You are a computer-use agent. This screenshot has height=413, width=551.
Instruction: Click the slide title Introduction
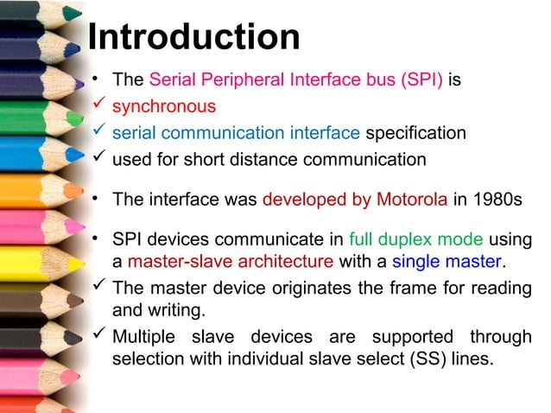[x=193, y=36]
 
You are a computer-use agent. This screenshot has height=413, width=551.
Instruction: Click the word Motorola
[x=412, y=198]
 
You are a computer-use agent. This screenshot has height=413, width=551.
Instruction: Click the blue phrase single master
[x=446, y=260]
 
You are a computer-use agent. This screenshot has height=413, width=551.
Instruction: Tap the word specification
[x=415, y=133]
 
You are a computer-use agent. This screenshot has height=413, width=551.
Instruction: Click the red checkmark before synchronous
[x=98, y=106]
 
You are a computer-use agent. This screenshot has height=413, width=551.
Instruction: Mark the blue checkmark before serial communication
[x=98, y=132]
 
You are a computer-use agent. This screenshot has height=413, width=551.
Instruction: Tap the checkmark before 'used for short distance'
[x=98, y=158]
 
